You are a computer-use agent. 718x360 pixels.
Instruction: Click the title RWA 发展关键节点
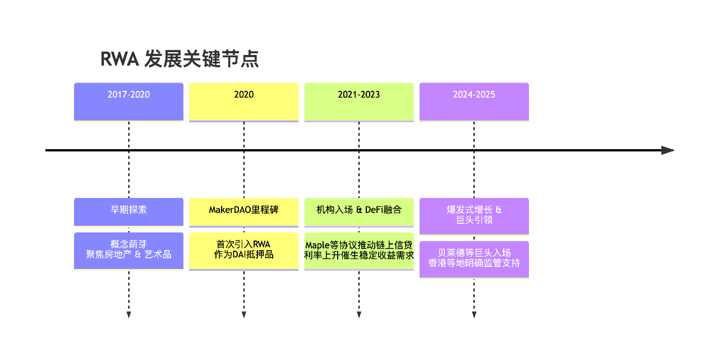point(179,59)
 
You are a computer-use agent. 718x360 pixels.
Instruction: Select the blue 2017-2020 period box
point(128,101)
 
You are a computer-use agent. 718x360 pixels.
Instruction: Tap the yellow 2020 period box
point(243,101)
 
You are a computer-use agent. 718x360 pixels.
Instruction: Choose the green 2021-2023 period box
point(359,101)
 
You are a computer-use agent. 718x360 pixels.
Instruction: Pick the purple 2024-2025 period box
point(474,101)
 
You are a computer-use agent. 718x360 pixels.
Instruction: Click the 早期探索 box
point(128,211)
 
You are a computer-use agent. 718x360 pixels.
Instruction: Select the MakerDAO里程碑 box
point(243,211)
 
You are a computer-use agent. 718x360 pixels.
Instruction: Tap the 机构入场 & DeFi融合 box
point(359,211)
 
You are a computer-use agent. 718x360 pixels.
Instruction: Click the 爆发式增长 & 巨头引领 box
point(474,215)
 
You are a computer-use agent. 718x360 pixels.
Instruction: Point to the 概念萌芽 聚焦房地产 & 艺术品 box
point(128,250)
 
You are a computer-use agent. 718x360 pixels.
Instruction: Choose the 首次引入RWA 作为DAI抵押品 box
point(243,250)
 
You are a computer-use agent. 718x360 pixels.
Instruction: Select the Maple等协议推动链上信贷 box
point(359,250)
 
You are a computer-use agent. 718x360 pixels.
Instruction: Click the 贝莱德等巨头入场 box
point(474,259)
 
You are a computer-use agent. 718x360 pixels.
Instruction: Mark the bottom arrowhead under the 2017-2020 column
point(128,315)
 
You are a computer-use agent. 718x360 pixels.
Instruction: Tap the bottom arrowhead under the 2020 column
point(243,315)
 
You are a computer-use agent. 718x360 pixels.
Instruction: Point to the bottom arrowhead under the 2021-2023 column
point(359,315)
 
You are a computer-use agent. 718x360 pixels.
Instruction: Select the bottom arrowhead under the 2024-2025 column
point(474,315)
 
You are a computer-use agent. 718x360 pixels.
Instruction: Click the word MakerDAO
point(229,210)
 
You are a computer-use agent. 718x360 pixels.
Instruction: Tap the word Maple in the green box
point(317,246)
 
